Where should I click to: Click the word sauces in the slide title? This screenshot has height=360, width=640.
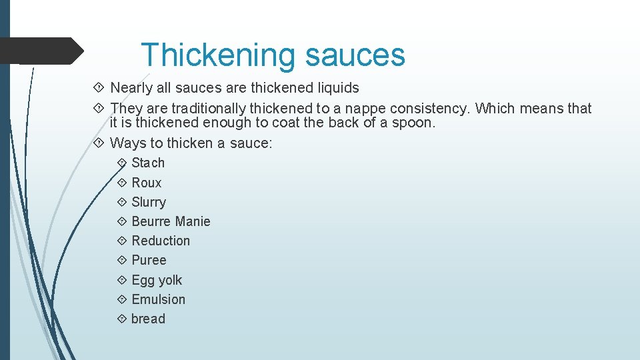click(x=355, y=55)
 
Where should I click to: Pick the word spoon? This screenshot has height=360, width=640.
click(x=413, y=123)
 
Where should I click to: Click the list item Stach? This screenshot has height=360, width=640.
click(x=148, y=163)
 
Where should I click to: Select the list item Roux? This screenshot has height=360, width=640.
click(x=147, y=183)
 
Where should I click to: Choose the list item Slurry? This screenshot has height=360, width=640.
click(x=149, y=202)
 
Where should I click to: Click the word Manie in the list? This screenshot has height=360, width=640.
click(x=192, y=221)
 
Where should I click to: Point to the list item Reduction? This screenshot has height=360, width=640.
click(x=161, y=241)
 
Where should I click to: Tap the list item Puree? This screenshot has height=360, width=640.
click(x=149, y=260)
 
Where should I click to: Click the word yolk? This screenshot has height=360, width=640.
click(x=170, y=280)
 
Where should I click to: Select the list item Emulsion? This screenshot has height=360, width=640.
click(x=159, y=299)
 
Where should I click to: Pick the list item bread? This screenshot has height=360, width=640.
click(x=148, y=319)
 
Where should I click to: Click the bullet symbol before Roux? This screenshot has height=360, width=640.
click(x=121, y=183)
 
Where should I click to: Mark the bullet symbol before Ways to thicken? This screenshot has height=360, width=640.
click(x=99, y=143)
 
